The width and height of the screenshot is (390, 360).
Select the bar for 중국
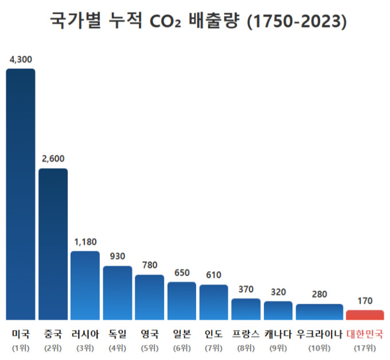tap(53, 244)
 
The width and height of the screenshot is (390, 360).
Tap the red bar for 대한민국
tap(365, 315)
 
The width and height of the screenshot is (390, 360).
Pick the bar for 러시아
tap(85, 285)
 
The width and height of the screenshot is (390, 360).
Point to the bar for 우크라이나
tap(319, 312)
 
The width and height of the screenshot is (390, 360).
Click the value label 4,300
tap(21, 59)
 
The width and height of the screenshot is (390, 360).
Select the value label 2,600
tap(53, 158)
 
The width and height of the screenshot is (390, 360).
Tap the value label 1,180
tap(85, 241)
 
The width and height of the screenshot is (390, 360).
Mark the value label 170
tap(365, 300)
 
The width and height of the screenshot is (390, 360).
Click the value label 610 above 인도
tap(213, 274)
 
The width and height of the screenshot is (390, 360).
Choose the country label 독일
tap(118, 334)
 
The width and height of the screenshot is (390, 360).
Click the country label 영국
tap(149, 334)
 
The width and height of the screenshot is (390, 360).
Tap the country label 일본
tap(182, 334)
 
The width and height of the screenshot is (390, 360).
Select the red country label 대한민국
tap(365, 334)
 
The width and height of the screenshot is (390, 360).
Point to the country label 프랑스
tap(246, 334)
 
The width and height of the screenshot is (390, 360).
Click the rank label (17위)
tap(365, 348)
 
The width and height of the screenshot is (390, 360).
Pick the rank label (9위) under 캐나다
tap(278, 348)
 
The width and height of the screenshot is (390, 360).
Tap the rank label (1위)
tap(21, 348)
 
